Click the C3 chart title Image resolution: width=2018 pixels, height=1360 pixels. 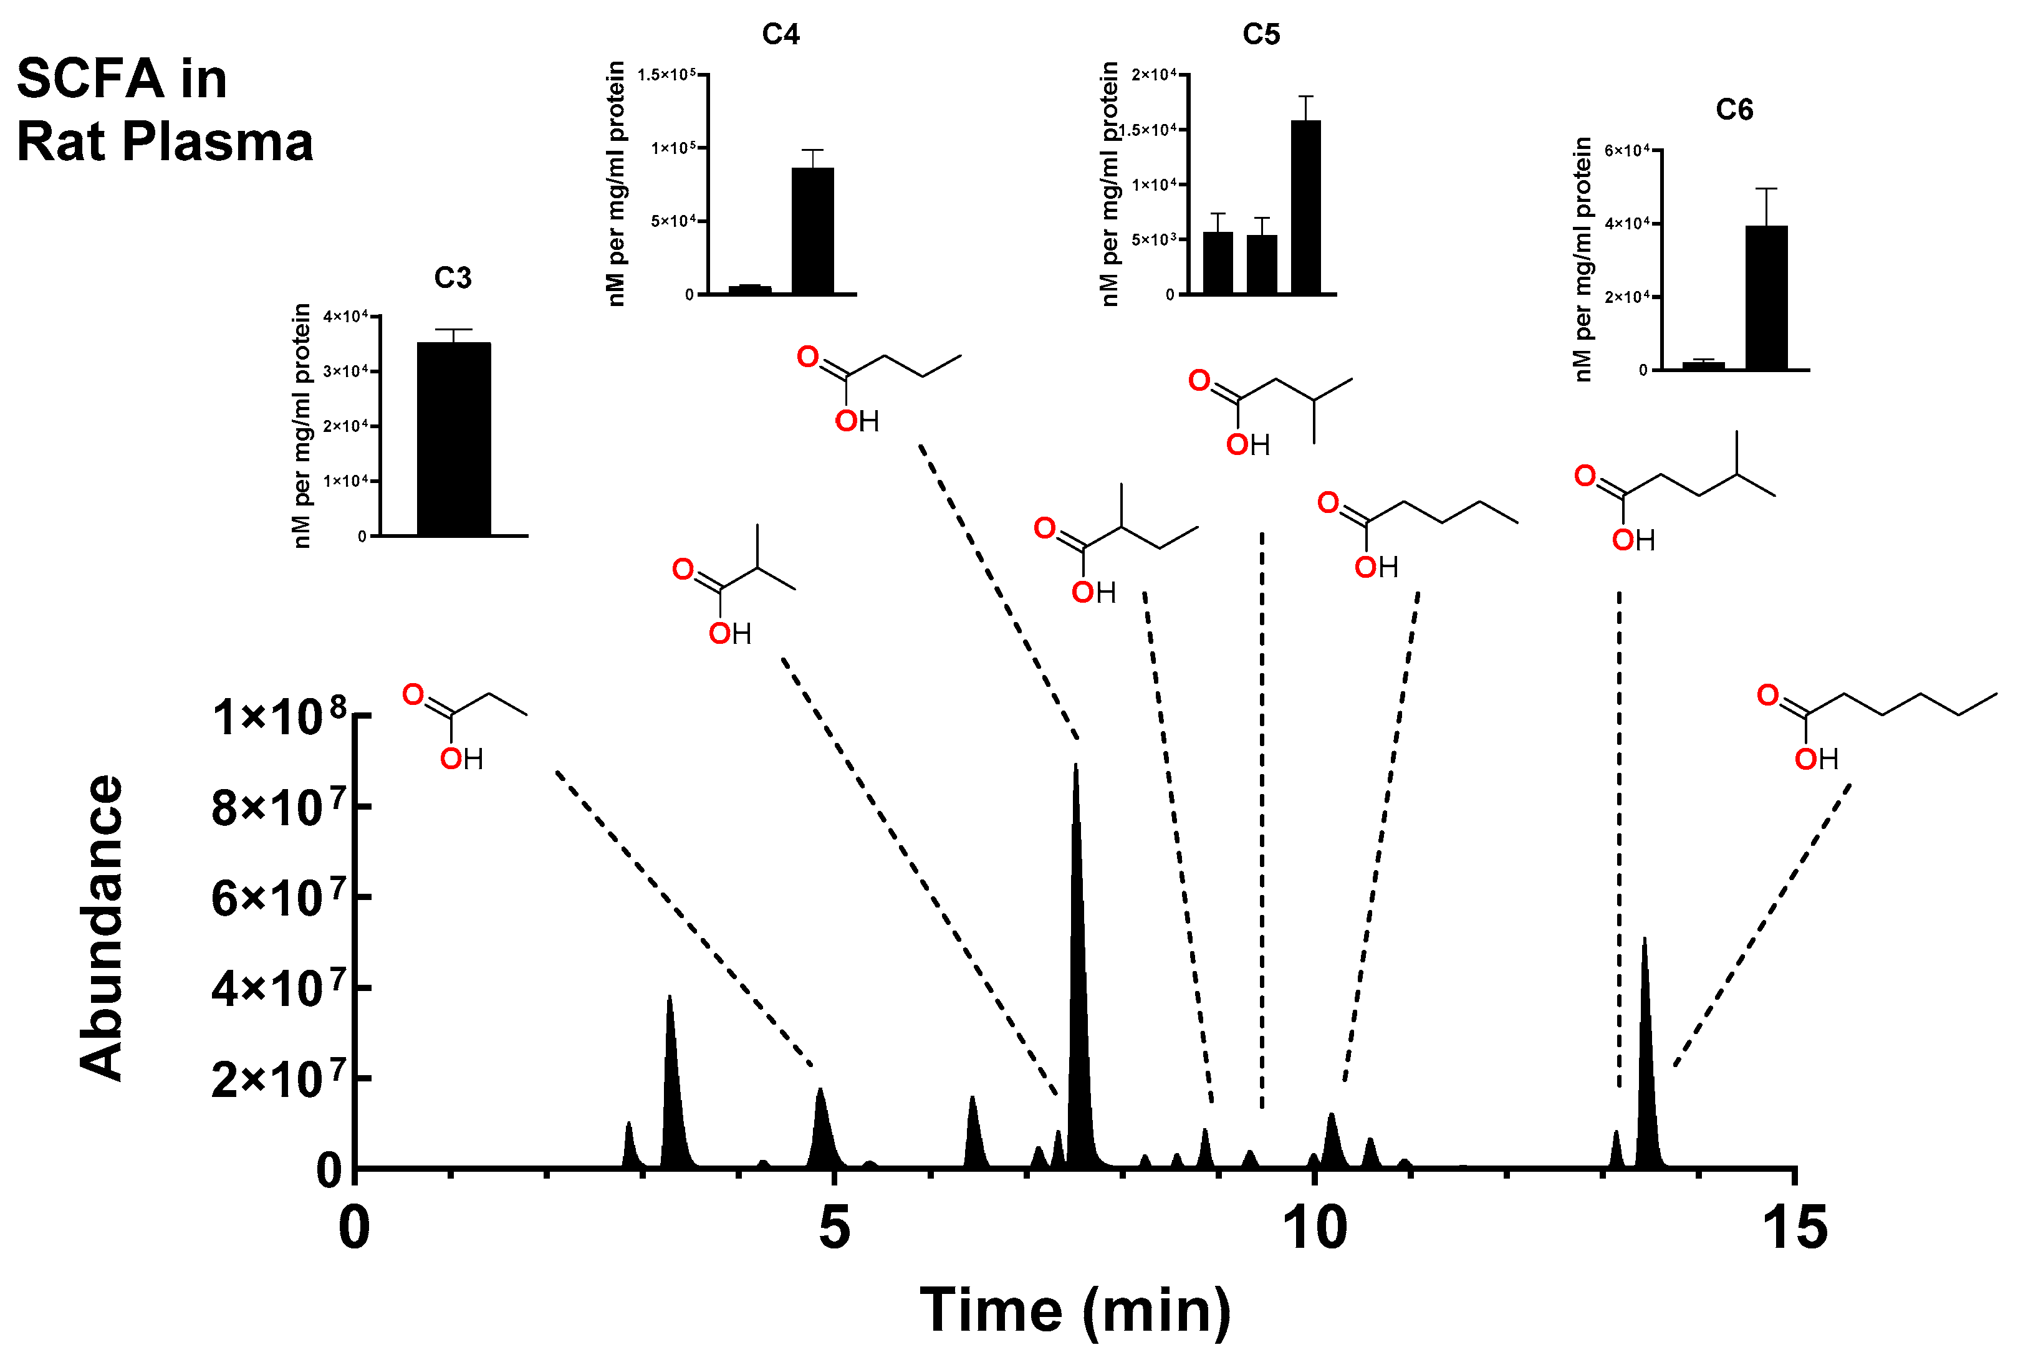[453, 279]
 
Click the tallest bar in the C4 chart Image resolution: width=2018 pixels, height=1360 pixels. [813, 231]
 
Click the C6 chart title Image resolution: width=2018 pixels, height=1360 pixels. [1734, 110]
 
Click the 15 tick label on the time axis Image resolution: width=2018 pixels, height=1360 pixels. [1794, 1229]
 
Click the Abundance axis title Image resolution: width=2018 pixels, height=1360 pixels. [102, 927]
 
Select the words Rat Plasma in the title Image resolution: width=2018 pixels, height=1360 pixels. [165, 141]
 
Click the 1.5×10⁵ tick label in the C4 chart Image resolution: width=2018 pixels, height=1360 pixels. [666, 75]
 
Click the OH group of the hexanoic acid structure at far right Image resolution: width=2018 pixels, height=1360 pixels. [1816, 760]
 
